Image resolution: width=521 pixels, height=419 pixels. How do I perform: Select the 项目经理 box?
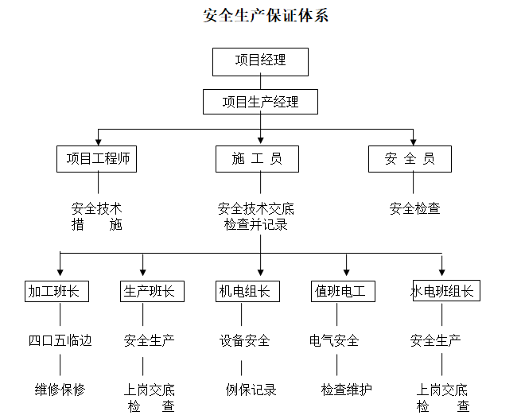click(x=260, y=61)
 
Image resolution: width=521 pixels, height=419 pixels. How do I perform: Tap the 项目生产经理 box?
click(x=260, y=102)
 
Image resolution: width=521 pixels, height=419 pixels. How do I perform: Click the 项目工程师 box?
click(x=97, y=159)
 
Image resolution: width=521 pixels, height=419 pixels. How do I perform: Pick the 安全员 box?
click(x=410, y=159)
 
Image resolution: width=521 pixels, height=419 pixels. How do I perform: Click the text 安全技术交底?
click(x=256, y=208)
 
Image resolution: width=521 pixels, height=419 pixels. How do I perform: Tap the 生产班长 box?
click(x=152, y=291)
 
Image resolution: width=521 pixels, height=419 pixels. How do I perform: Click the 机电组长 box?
click(x=245, y=291)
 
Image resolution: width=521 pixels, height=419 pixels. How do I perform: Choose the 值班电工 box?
click(x=340, y=291)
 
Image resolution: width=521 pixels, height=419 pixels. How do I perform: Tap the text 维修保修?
click(x=60, y=390)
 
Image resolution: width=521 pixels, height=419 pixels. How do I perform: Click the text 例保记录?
click(x=251, y=390)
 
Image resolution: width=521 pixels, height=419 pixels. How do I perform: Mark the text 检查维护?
click(x=346, y=390)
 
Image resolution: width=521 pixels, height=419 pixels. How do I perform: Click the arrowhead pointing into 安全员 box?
click(x=412, y=141)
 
